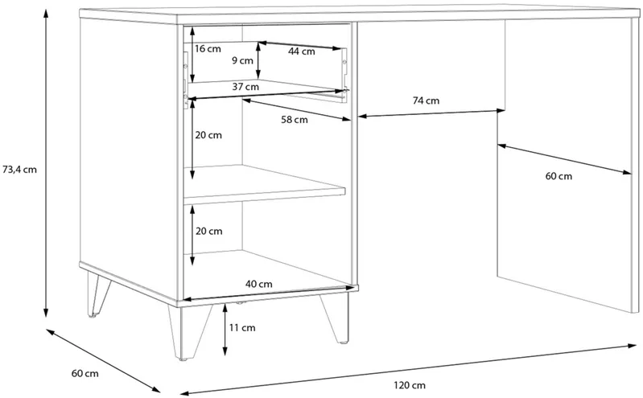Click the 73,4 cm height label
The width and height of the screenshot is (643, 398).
coord(19,170)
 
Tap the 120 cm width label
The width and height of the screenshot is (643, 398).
coord(410,385)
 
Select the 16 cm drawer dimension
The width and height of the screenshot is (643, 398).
coord(208,49)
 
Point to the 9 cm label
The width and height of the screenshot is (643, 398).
coord(242,60)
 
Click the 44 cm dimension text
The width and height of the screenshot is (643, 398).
coord(302,51)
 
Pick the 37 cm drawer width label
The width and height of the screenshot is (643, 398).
coord(245,87)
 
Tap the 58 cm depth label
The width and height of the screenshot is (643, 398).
coord(295,120)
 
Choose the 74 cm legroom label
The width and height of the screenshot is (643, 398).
coord(426,101)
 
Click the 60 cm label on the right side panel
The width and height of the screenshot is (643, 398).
coord(559,176)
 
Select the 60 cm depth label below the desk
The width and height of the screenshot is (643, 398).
coord(85,373)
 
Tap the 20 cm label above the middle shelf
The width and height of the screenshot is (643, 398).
coord(208,135)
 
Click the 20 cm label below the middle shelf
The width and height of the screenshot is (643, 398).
coord(209,232)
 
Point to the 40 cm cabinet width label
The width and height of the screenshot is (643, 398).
coord(259,284)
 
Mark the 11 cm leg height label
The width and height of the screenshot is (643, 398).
coord(242,327)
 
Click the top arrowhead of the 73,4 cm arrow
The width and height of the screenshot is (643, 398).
coord(47,11)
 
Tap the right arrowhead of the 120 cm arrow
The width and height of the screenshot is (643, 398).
coord(633,347)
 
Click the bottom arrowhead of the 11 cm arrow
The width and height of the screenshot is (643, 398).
coord(225,351)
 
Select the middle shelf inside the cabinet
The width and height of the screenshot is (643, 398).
coord(265,184)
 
